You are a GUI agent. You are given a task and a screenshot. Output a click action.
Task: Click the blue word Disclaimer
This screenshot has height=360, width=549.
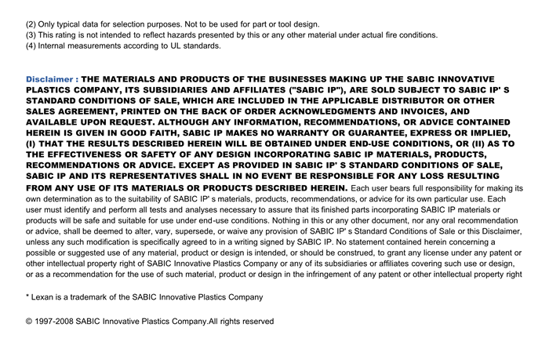coord(49,79)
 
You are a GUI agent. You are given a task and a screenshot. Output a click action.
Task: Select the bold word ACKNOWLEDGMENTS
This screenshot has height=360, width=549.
coord(316,111)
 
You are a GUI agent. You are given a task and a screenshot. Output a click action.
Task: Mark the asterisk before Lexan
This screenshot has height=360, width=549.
coord(27,296)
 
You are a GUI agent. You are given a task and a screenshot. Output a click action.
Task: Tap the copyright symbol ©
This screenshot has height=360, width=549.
coord(30,322)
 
